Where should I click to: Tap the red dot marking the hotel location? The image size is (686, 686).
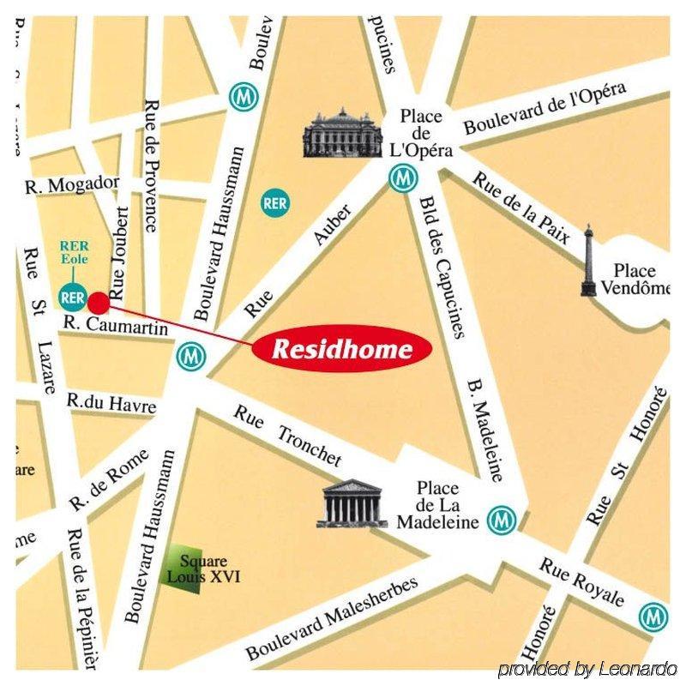(99, 302)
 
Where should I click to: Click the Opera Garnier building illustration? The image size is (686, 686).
(341, 135)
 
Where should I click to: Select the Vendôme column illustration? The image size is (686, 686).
(588, 262)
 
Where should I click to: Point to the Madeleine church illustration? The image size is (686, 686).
(351, 503)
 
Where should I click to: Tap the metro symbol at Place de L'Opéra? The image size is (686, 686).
(402, 179)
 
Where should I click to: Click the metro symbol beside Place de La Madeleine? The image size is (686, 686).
(501, 519)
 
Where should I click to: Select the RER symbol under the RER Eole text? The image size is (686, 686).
(73, 298)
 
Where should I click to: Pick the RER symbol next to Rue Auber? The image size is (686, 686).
(274, 203)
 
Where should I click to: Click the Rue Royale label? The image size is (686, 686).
(582, 582)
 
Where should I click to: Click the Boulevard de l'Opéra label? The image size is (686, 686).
(545, 107)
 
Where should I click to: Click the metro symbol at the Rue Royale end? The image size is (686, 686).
(653, 615)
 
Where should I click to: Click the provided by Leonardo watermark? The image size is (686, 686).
(587, 669)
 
